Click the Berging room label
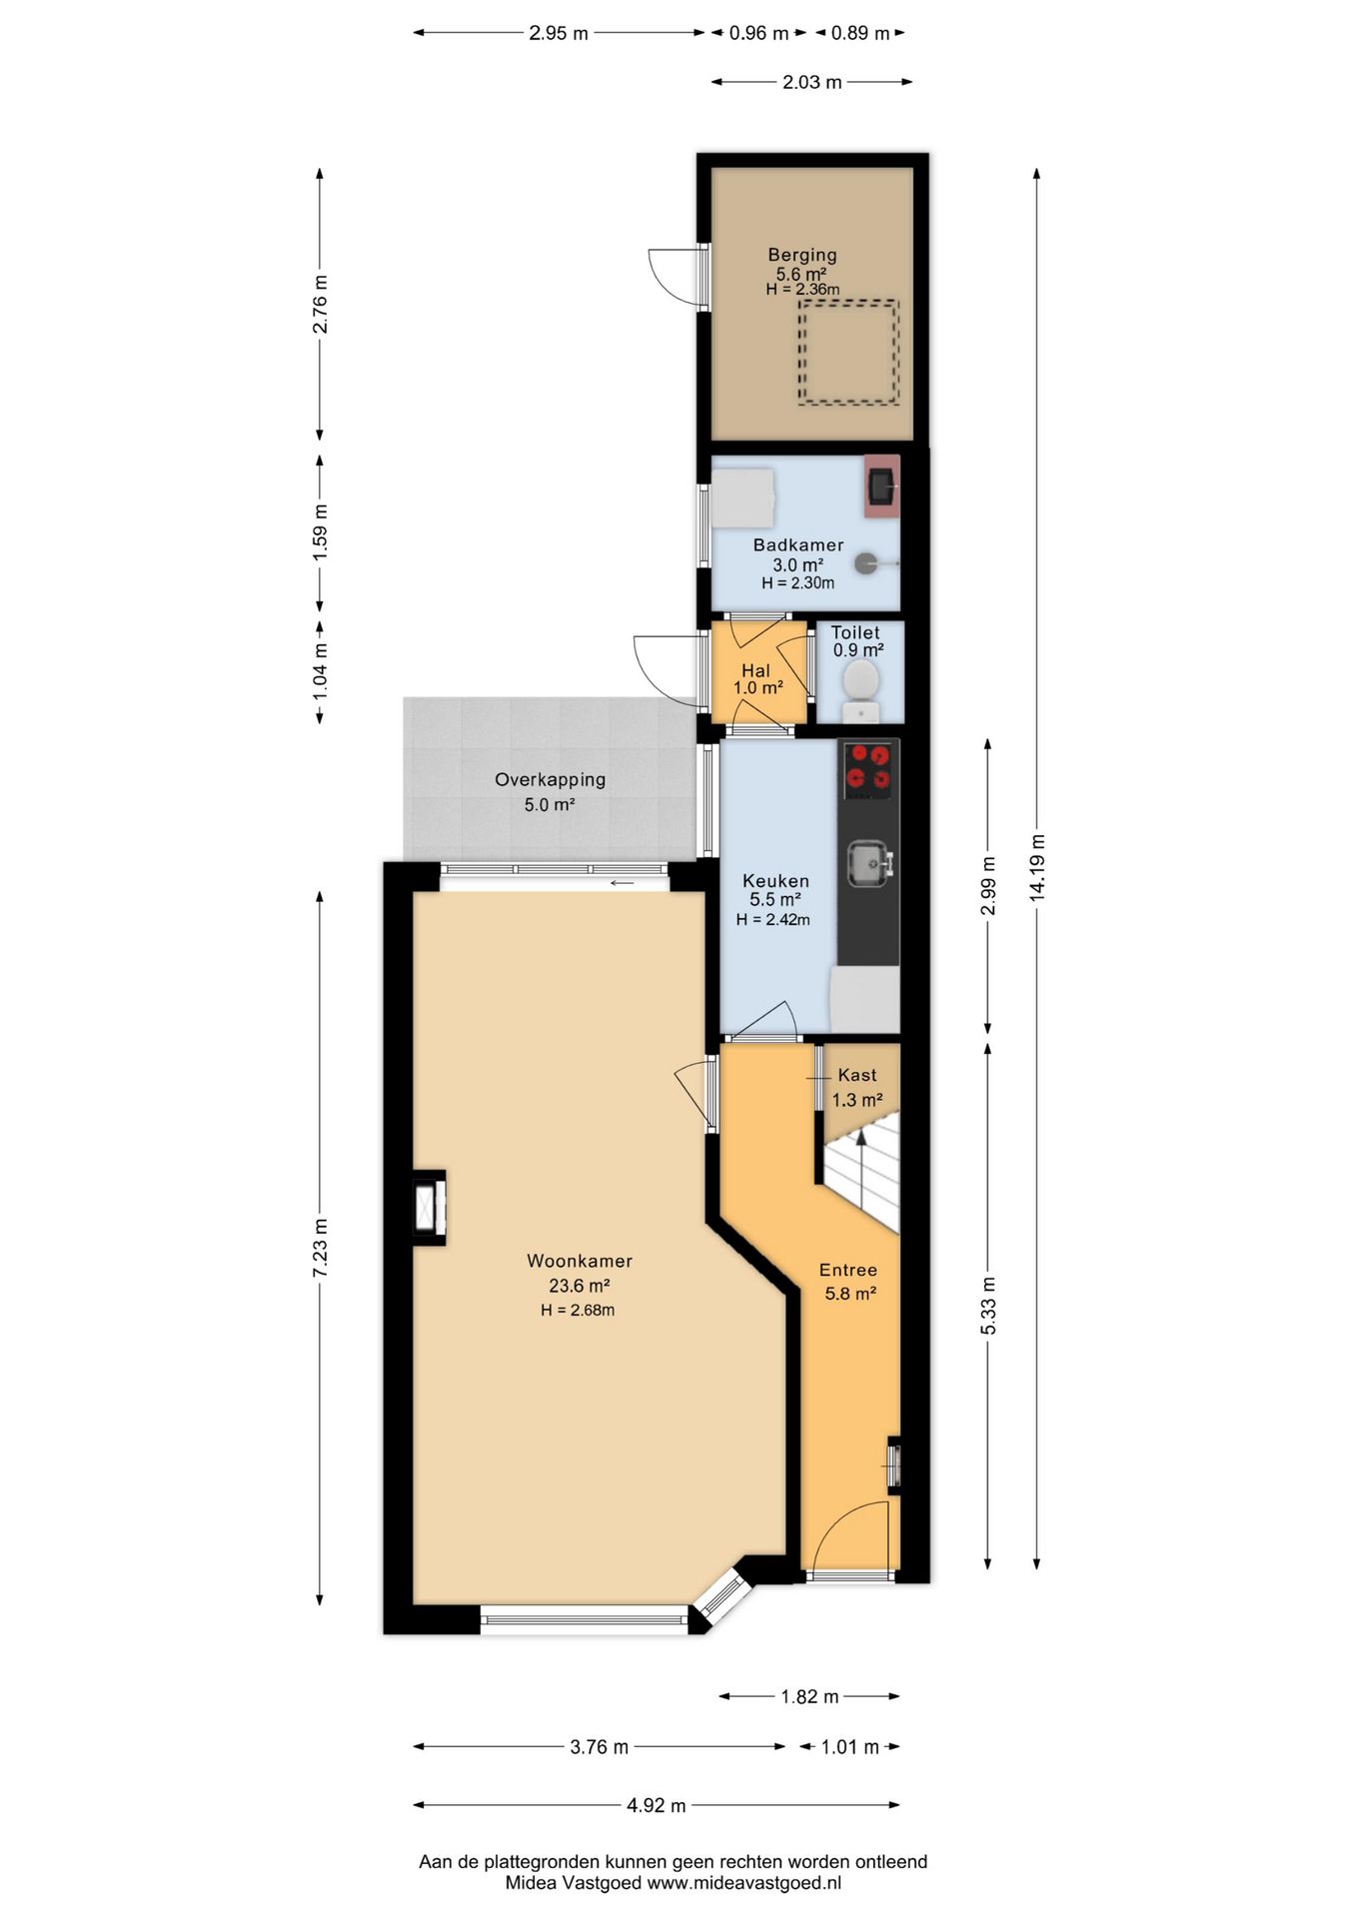pyautogui.click(x=801, y=255)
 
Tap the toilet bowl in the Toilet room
pyautogui.click(x=860, y=681)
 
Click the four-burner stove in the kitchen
pyautogui.click(x=867, y=770)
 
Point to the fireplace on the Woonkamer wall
pyautogui.click(x=430, y=1207)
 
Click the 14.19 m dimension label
pyautogui.click(x=1037, y=868)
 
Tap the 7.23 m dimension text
pyautogui.click(x=320, y=1247)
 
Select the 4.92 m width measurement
pyautogui.click(x=657, y=1805)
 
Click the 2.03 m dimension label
pyautogui.click(x=811, y=82)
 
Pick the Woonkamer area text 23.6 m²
pyautogui.click(x=580, y=1286)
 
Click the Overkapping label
pyautogui.click(x=550, y=780)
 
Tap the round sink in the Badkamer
pyautogui.click(x=866, y=564)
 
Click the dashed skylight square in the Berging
pyautogui.click(x=848, y=353)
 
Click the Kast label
pyautogui.click(x=857, y=1075)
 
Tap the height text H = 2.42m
pyautogui.click(x=772, y=920)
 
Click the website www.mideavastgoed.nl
pyautogui.click(x=744, y=1884)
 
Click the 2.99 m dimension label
pyautogui.click(x=988, y=886)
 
